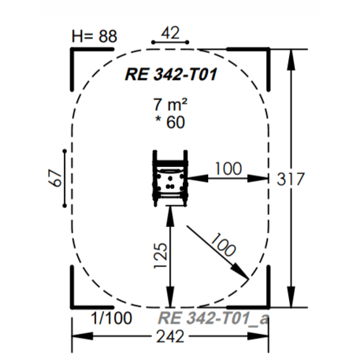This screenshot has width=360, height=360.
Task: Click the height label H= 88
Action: [95, 36]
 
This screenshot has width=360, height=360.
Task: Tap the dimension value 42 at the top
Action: [170, 33]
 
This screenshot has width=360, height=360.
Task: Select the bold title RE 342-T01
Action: [171, 74]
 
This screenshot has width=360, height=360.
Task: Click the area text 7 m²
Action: [170, 104]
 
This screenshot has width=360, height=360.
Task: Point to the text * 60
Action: [170, 122]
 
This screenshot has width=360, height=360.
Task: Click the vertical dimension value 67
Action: [55, 178]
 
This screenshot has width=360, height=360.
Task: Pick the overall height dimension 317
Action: [290, 179]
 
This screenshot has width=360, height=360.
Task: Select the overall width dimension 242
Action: [170, 336]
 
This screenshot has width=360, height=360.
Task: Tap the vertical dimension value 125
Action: [160, 255]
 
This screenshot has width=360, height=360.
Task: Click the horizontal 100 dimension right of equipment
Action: [228, 169]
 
